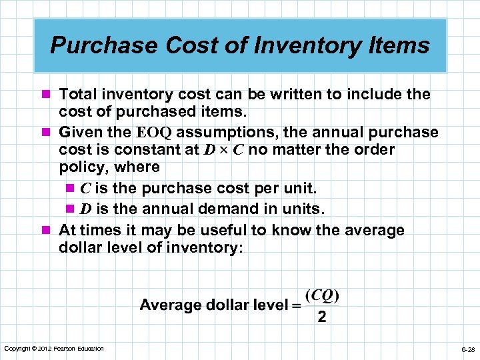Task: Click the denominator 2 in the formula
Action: pos(323,317)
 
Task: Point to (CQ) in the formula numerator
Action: pos(323,295)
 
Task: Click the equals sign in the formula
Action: pos(295,305)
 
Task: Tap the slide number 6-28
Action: pos(467,349)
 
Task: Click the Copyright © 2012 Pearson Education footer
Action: pos(54,349)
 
